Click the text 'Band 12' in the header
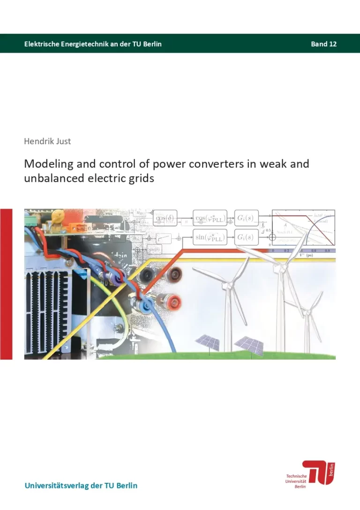point(323,44)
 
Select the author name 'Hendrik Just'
point(47,141)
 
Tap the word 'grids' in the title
point(142,178)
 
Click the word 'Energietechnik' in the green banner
point(82,44)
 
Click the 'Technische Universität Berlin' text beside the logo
point(296,481)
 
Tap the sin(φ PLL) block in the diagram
point(210,237)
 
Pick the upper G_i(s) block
point(246,218)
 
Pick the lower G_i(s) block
point(246,237)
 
